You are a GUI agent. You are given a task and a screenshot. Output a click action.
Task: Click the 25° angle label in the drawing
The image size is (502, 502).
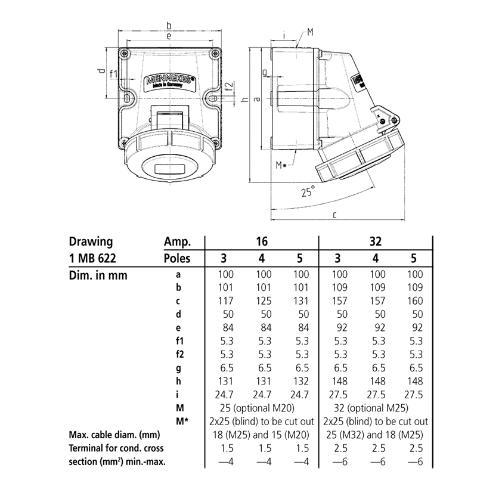tap(307, 193)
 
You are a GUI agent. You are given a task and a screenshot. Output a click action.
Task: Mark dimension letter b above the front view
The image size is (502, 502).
tap(169, 26)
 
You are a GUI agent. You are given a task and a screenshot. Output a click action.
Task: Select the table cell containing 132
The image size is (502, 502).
tap(301, 381)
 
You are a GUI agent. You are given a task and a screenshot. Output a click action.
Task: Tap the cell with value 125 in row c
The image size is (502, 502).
tap(263, 301)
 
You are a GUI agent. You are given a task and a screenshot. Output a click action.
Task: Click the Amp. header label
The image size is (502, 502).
tap(176, 242)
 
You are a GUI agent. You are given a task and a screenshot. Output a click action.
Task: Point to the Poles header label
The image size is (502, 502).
tap(176, 258)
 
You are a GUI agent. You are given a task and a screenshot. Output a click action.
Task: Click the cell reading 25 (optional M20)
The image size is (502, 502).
tap(263, 408)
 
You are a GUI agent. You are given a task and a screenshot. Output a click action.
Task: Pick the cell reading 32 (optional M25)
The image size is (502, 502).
tap(376, 408)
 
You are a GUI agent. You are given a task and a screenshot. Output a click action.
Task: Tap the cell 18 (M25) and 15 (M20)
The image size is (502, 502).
tap(263, 435)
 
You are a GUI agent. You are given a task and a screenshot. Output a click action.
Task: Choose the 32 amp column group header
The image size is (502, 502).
tap(376, 242)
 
